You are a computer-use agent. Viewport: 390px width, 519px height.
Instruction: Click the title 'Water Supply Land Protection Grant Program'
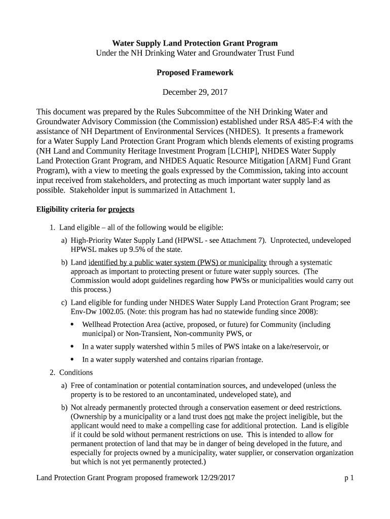point(194,43)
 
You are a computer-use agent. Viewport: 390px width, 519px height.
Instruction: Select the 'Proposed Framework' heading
point(194,72)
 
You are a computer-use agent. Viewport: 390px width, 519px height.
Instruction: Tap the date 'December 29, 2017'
point(194,92)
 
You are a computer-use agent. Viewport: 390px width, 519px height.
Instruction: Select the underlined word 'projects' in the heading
point(121,209)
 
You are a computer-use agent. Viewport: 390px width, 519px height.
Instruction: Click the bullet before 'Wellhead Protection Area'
point(72,324)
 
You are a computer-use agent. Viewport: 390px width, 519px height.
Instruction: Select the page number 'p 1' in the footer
point(348,477)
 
